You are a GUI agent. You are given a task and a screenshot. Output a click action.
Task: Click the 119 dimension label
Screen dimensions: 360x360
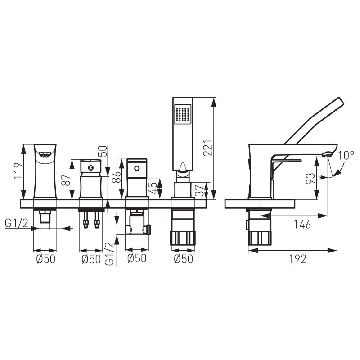(x=18, y=171)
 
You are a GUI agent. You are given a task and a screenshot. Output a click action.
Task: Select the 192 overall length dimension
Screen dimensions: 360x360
(x=298, y=259)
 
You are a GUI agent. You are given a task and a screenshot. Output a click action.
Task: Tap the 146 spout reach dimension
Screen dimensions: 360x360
(x=302, y=224)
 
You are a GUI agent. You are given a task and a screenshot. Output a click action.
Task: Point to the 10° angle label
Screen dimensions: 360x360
(x=346, y=155)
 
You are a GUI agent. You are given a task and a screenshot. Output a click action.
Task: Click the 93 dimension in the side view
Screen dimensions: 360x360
(x=310, y=178)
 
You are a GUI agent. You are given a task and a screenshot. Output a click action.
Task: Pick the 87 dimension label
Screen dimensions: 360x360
(x=66, y=180)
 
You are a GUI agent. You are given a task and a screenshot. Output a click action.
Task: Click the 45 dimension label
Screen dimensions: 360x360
(x=153, y=188)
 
